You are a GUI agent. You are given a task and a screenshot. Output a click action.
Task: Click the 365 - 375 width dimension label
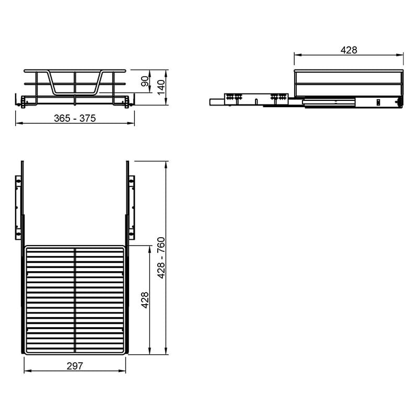click(x=75, y=118)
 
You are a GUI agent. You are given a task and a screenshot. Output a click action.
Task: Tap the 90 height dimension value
click(x=145, y=81)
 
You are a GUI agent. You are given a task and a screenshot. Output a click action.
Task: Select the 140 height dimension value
click(x=161, y=87)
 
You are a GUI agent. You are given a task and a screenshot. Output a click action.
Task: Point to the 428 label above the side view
click(x=349, y=50)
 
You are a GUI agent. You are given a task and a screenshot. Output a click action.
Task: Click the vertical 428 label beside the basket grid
click(x=145, y=300)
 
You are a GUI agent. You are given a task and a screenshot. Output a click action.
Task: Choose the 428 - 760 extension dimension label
click(x=161, y=258)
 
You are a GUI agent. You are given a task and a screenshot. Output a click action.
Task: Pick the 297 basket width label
click(x=75, y=366)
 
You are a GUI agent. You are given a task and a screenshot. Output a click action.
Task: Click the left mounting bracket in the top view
click(x=18, y=207)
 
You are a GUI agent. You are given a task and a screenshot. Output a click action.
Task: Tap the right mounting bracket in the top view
click(x=132, y=207)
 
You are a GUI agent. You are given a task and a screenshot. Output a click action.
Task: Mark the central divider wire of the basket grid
click(x=75, y=300)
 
